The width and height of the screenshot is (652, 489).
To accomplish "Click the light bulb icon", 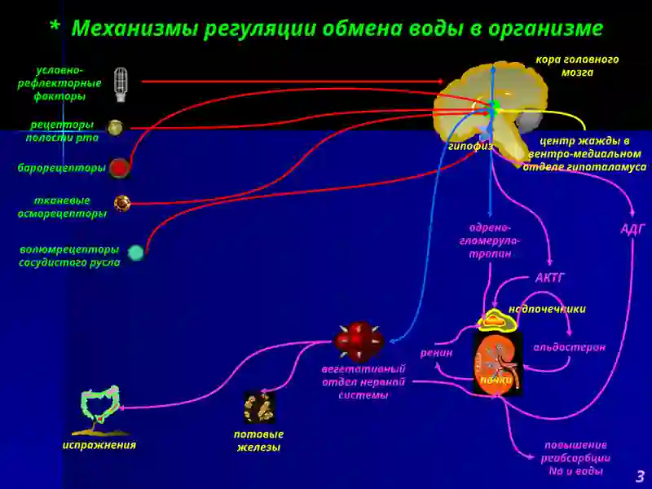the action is click(121, 85).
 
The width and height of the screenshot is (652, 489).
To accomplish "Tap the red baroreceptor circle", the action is click(120, 168).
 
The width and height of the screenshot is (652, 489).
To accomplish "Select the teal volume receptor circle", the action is click(135, 253).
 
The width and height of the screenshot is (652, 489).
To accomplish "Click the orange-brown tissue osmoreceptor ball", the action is click(122, 203).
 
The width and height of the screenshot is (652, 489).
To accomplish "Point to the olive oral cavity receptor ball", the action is click(115, 128).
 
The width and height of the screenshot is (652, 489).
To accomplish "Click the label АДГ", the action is click(633, 229).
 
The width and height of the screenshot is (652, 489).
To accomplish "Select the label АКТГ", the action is click(549, 277).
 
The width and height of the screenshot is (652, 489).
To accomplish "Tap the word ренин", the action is click(436, 354).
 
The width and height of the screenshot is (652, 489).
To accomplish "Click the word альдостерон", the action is click(569, 347).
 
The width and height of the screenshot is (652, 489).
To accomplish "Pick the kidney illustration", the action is click(498, 363).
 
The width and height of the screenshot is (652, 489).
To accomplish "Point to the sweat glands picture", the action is click(259, 407).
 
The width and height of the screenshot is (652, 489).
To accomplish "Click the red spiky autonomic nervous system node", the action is click(359, 341).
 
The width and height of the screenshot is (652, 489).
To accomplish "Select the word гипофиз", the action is click(470, 146).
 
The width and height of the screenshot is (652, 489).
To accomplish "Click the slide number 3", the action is click(640, 476).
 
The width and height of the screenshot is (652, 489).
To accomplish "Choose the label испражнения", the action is click(99, 445).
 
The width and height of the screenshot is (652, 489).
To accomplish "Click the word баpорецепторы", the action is click(61, 168).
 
